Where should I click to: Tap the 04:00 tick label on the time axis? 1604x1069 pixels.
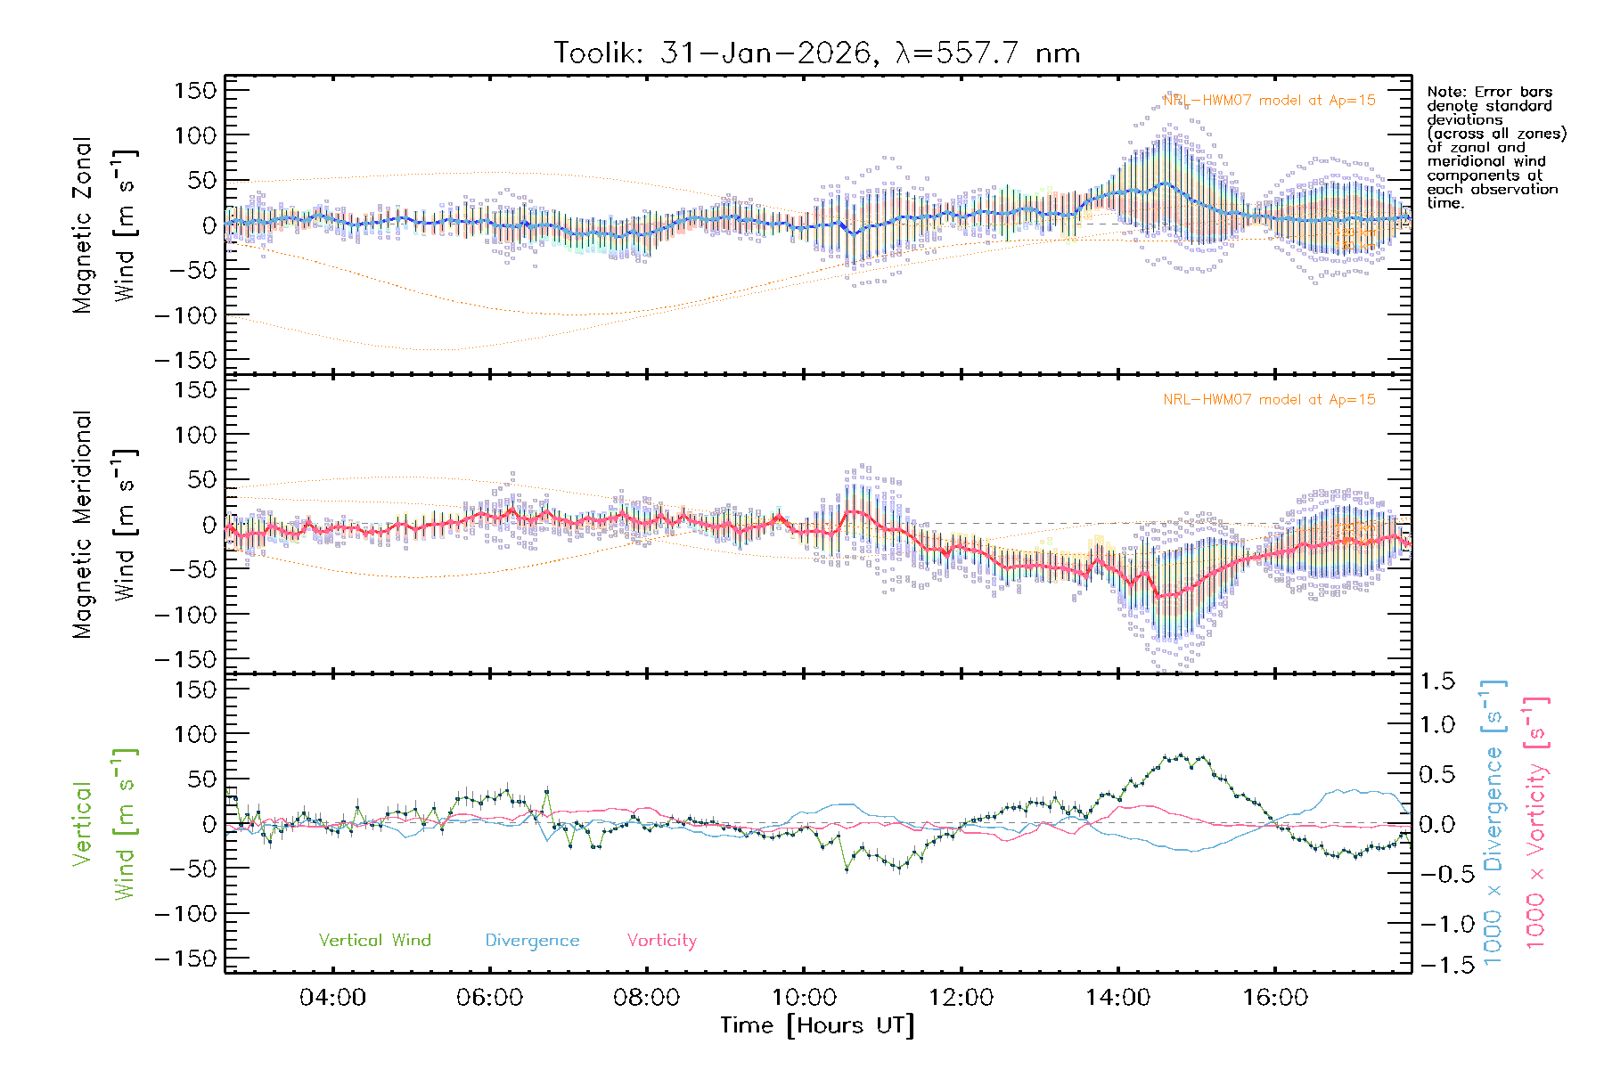[332, 997]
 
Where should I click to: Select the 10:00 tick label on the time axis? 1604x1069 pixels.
[804, 997]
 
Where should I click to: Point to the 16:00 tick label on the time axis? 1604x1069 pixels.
[1275, 997]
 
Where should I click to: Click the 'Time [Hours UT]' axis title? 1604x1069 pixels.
[817, 1025]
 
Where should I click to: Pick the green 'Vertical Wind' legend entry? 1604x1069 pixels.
[374, 940]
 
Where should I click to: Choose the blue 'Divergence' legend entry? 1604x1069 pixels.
[532, 940]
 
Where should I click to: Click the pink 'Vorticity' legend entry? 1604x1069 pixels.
[661, 940]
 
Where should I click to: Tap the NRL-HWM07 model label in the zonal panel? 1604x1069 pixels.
[1269, 100]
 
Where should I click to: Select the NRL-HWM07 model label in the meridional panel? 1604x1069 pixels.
[1269, 399]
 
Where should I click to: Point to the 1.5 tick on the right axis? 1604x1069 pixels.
[1437, 681]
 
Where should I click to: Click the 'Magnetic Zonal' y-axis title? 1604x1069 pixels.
[83, 224]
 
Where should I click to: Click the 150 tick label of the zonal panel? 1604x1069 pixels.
[195, 90]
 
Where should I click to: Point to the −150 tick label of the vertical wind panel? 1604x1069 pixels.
[185, 959]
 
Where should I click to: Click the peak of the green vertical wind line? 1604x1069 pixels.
[1182, 755]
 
